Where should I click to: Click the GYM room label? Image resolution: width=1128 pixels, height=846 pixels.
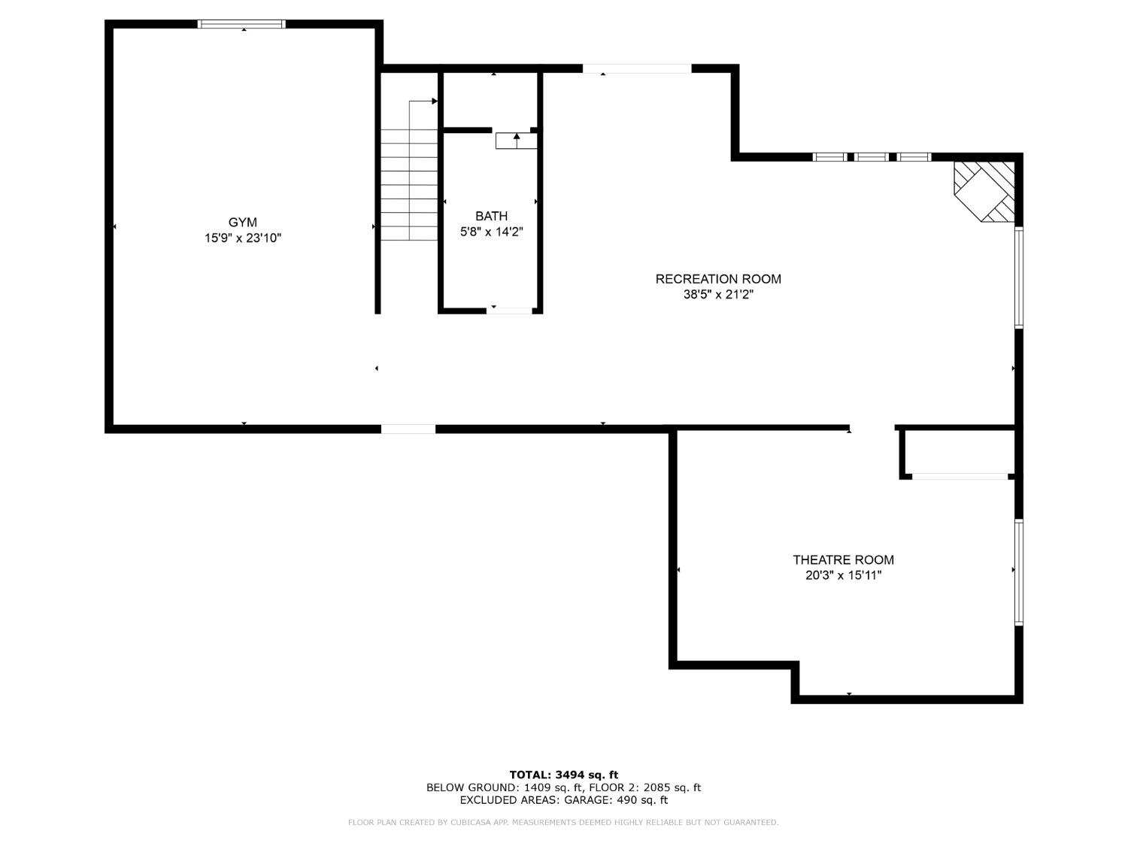pyautogui.click(x=243, y=222)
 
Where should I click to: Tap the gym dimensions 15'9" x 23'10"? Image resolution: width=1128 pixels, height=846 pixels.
pyautogui.click(x=243, y=238)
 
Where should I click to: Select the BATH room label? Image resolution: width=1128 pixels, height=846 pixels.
pyautogui.click(x=491, y=216)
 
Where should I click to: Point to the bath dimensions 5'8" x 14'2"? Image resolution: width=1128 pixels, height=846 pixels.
pyautogui.click(x=491, y=232)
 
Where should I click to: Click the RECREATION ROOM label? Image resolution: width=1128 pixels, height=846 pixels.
pyautogui.click(x=718, y=279)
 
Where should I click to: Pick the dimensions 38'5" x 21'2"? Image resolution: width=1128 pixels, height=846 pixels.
pyautogui.click(x=718, y=295)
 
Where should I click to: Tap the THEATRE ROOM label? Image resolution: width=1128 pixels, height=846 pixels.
pyautogui.click(x=843, y=559)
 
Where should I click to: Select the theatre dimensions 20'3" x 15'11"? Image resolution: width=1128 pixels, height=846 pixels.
pyautogui.click(x=843, y=576)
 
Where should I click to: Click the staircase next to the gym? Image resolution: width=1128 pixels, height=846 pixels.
pyautogui.click(x=409, y=184)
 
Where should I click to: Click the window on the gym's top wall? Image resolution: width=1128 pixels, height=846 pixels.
pyautogui.click(x=241, y=24)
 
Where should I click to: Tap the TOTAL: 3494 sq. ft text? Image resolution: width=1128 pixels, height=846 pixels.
pyautogui.click(x=563, y=775)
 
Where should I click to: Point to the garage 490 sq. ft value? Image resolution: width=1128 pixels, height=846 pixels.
pyautogui.click(x=642, y=800)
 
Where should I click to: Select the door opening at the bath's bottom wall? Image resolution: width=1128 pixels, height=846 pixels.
pyautogui.click(x=510, y=310)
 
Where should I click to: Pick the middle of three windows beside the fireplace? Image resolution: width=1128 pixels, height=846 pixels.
pyautogui.click(x=872, y=157)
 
